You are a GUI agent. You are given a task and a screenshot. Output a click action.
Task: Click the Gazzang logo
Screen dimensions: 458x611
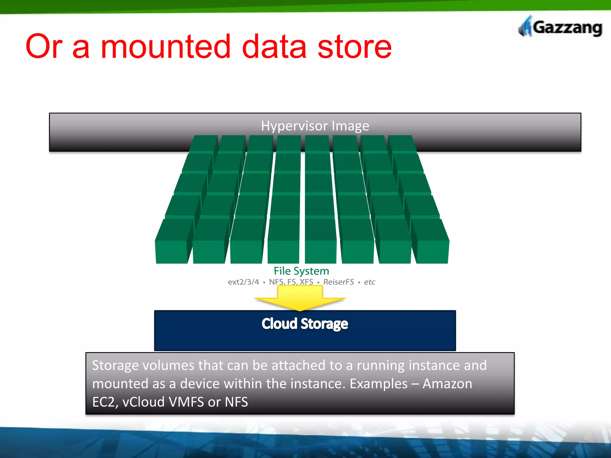[560, 27]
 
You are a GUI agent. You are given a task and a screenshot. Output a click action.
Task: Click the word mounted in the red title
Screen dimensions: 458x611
[166, 47]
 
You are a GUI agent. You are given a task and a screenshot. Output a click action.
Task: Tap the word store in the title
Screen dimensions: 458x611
[354, 47]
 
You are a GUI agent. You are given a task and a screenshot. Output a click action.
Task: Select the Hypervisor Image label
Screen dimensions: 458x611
[315, 126]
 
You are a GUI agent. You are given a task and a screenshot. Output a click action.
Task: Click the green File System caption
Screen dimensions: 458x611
[301, 271]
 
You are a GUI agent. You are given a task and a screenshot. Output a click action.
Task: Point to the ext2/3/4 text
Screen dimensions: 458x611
[243, 282]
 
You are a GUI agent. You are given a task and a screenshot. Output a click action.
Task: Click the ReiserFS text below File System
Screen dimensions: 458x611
[339, 282]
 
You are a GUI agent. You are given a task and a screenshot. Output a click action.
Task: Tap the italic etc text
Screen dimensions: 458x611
[369, 282]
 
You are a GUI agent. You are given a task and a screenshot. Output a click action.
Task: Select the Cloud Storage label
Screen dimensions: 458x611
[305, 324]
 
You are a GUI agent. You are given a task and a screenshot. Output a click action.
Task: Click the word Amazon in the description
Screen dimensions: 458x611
[448, 384]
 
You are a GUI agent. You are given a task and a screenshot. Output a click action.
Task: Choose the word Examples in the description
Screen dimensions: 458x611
[378, 384]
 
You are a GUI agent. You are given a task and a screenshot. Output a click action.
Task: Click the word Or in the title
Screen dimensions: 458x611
[44, 47]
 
